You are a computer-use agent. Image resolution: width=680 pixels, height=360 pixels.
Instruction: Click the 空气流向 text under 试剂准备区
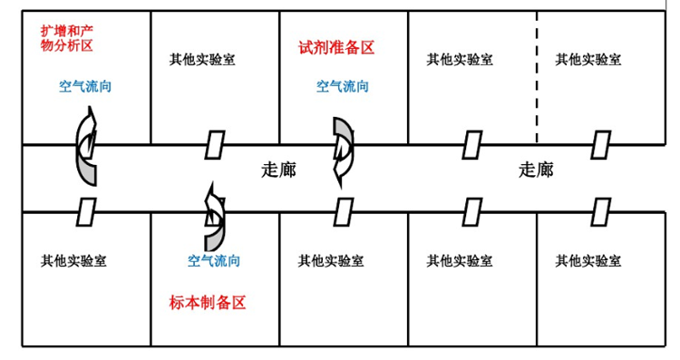pyautogui.click(x=342, y=87)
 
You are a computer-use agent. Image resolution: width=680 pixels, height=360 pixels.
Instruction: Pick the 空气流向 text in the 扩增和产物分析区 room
pyautogui.click(x=85, y=87)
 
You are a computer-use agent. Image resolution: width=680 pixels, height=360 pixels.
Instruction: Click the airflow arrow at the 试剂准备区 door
pyautogui.click(x=343, y=149)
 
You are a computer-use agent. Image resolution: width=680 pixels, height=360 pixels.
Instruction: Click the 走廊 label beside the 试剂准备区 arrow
pyautogui.click(x=278, y=170)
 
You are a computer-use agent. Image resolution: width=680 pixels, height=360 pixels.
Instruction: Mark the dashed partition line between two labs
pyautogui.click(x=537, y=77)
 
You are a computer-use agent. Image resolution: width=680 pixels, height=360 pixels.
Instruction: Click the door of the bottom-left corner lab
pyautogui.click(x=85, y=211)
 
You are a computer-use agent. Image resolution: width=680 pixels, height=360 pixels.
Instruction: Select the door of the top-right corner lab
pyautogui.click(x=600, y=143)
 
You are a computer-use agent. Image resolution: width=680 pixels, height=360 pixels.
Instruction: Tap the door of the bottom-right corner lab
pyautogui.click(x=600, y=211)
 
